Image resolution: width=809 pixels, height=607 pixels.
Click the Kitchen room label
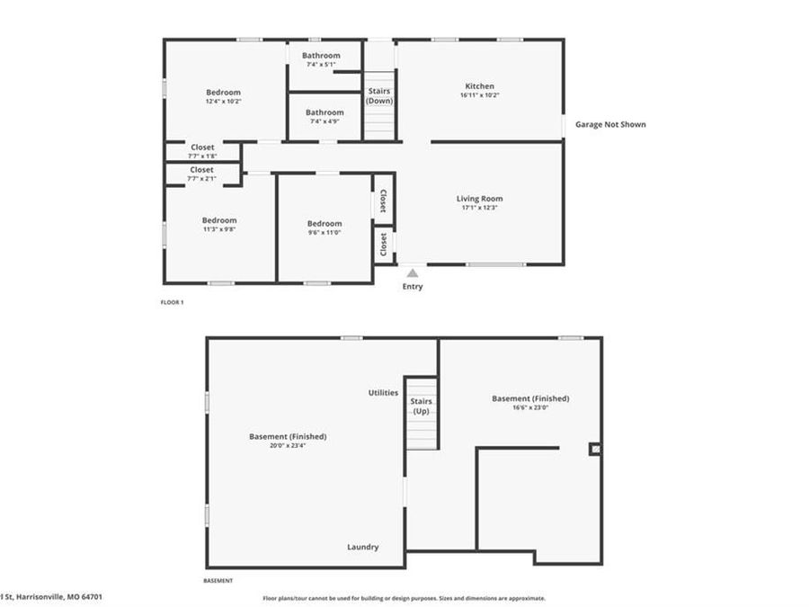(x=479, y=87)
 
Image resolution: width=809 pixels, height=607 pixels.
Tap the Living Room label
(x=479, y=199)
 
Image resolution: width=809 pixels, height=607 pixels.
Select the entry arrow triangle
(x=412, y=272)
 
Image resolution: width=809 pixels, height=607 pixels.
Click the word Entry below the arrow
(x=412, y=287)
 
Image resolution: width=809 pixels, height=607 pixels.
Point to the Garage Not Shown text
(x=610, y=125)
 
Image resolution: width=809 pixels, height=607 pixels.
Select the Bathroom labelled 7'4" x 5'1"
(x=322, y=56)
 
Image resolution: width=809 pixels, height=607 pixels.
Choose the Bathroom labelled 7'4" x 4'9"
(x=324, y=113)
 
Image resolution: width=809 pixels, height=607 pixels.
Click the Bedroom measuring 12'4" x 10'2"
(x=223, y=93)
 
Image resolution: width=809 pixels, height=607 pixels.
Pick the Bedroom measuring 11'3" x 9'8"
(x=219, y=220)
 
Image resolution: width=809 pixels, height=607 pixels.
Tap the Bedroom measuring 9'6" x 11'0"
(x=324, y=224)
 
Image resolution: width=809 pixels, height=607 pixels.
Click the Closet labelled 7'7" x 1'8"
(x=202, y=147)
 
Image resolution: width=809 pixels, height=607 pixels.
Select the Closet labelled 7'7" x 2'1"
(x=202, y=170)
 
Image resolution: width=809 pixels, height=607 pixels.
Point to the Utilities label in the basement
(x=383, y=393)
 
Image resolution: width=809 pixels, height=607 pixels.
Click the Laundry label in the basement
(x=363, y=547)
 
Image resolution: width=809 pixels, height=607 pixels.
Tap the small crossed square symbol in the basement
(x=593, y=449)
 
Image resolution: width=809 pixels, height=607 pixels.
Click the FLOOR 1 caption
(x=171, y=302)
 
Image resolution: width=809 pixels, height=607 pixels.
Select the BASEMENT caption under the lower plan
(x=218, y=581)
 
